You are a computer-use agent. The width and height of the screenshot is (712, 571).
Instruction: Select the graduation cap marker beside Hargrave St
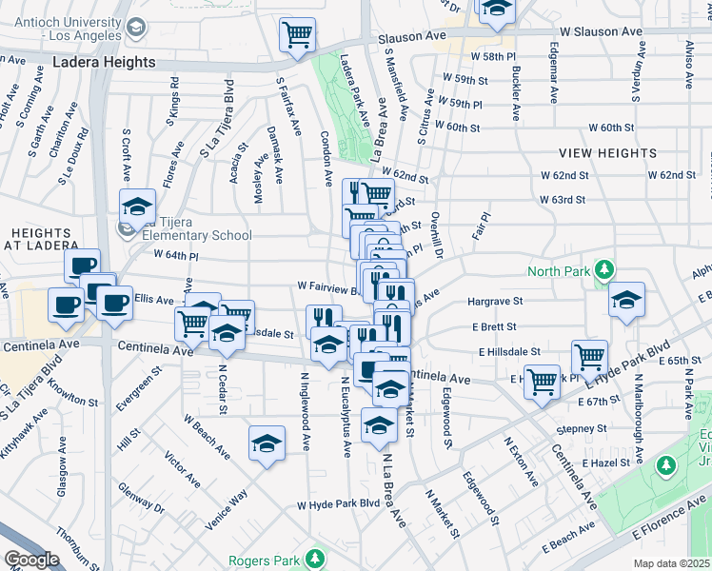click(x=625, y=300)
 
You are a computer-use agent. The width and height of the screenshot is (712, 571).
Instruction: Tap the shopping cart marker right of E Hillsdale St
click(x=590, y=357)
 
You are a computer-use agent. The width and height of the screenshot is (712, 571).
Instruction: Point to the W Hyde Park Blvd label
click(x=338, y=505)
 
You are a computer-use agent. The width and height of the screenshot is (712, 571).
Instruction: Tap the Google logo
click(x=30, y=560)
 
